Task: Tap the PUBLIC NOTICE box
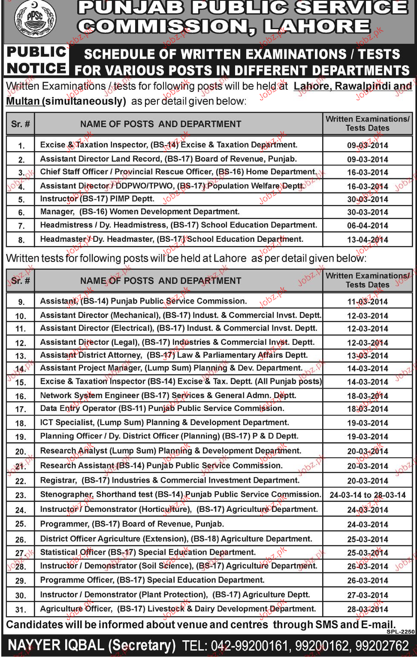point(36,60)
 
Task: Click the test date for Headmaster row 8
point(367,240)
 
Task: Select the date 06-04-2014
point(367,226)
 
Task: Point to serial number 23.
point(20,496)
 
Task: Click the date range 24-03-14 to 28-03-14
point(367,496)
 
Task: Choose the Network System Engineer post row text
point(168,395)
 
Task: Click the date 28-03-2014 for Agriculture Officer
point(367,609)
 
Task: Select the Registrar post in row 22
point(169,481)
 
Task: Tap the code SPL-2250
point(400,632)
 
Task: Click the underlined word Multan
point(23,101)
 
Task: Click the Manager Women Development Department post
point(139,212)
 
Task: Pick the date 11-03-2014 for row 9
point(367,302)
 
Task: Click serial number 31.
point(20,610)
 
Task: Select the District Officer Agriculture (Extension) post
point(176,539)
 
